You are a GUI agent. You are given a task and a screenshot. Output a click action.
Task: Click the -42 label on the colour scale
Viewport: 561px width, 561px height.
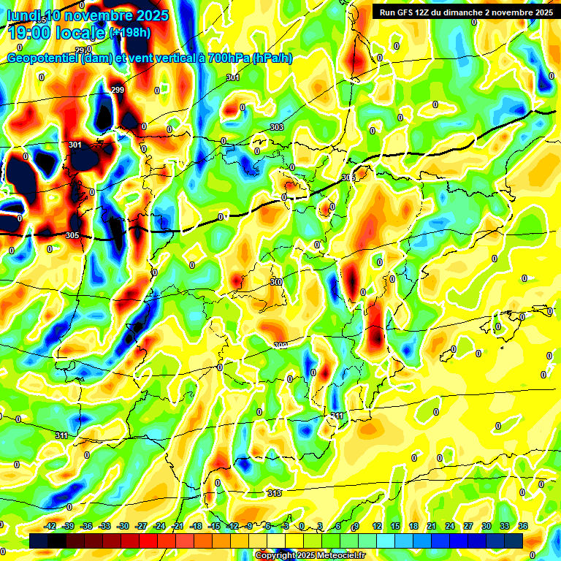[x=50, y=526]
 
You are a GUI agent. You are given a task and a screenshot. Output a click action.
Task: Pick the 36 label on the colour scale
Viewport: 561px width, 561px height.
[x=523, y=526]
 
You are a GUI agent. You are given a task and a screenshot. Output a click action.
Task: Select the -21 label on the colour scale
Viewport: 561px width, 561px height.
[x=178, y=526]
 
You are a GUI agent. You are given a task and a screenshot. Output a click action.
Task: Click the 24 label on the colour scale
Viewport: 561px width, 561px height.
[x=450, y=526]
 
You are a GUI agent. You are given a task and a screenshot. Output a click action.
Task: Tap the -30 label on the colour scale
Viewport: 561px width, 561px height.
[x=123, y=526]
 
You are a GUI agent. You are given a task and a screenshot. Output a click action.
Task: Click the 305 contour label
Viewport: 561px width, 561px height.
[x=72, y=235]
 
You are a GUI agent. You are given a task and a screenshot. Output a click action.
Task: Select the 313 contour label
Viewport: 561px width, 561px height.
[x=274, y=493]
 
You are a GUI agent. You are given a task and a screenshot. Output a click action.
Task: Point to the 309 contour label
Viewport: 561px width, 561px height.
[x=280, y=346]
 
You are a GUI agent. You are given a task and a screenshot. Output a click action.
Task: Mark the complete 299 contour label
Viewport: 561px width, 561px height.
[x=118, y=90]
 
